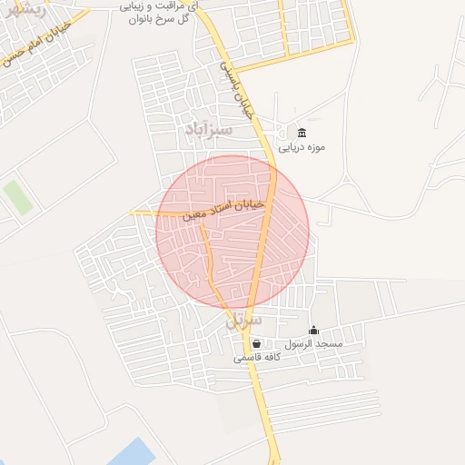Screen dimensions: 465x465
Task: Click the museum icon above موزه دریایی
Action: pyautogui.click(x=302, y=134)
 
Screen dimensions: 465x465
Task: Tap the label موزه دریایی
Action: pyautogui.click(x=302, y=147)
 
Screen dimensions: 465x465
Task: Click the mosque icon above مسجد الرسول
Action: pyautogui.click(x=314, y=330)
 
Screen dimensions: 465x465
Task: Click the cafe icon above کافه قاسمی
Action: pyautogui.click(x=257, y=343)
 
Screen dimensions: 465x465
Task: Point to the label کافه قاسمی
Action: pyautogui.click(x=257, y=357)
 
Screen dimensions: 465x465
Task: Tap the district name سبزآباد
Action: pyautogui.click(x=209, y=130)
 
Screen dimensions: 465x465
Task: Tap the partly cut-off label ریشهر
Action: pyautogui.click(x=19, y=8)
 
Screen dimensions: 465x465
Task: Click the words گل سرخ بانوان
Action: pyautogui.click(x=155, y=18)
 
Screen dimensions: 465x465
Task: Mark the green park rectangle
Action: pyautogui.click(x=17, y=197)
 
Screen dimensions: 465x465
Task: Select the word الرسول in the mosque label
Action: pyautogui.click(x=301, y=344)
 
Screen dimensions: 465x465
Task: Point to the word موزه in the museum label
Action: pyautogui.click(x=316, y=147)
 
